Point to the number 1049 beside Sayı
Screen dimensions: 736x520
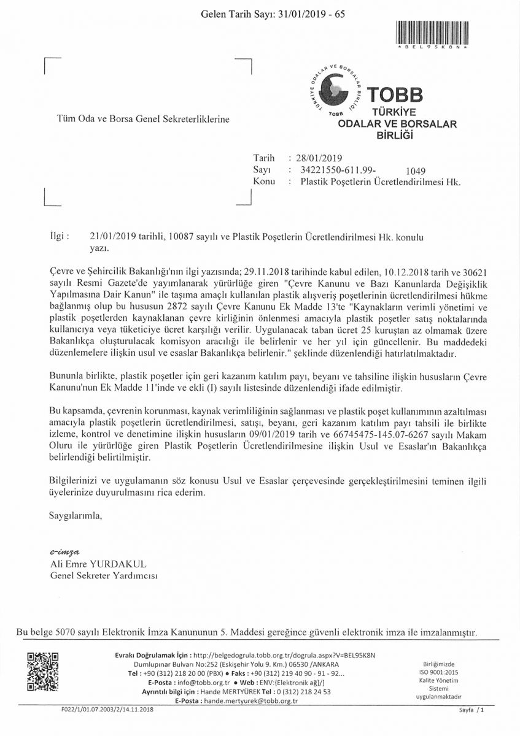416,171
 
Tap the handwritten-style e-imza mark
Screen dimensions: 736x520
64,551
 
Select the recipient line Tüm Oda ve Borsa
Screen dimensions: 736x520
143,119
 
